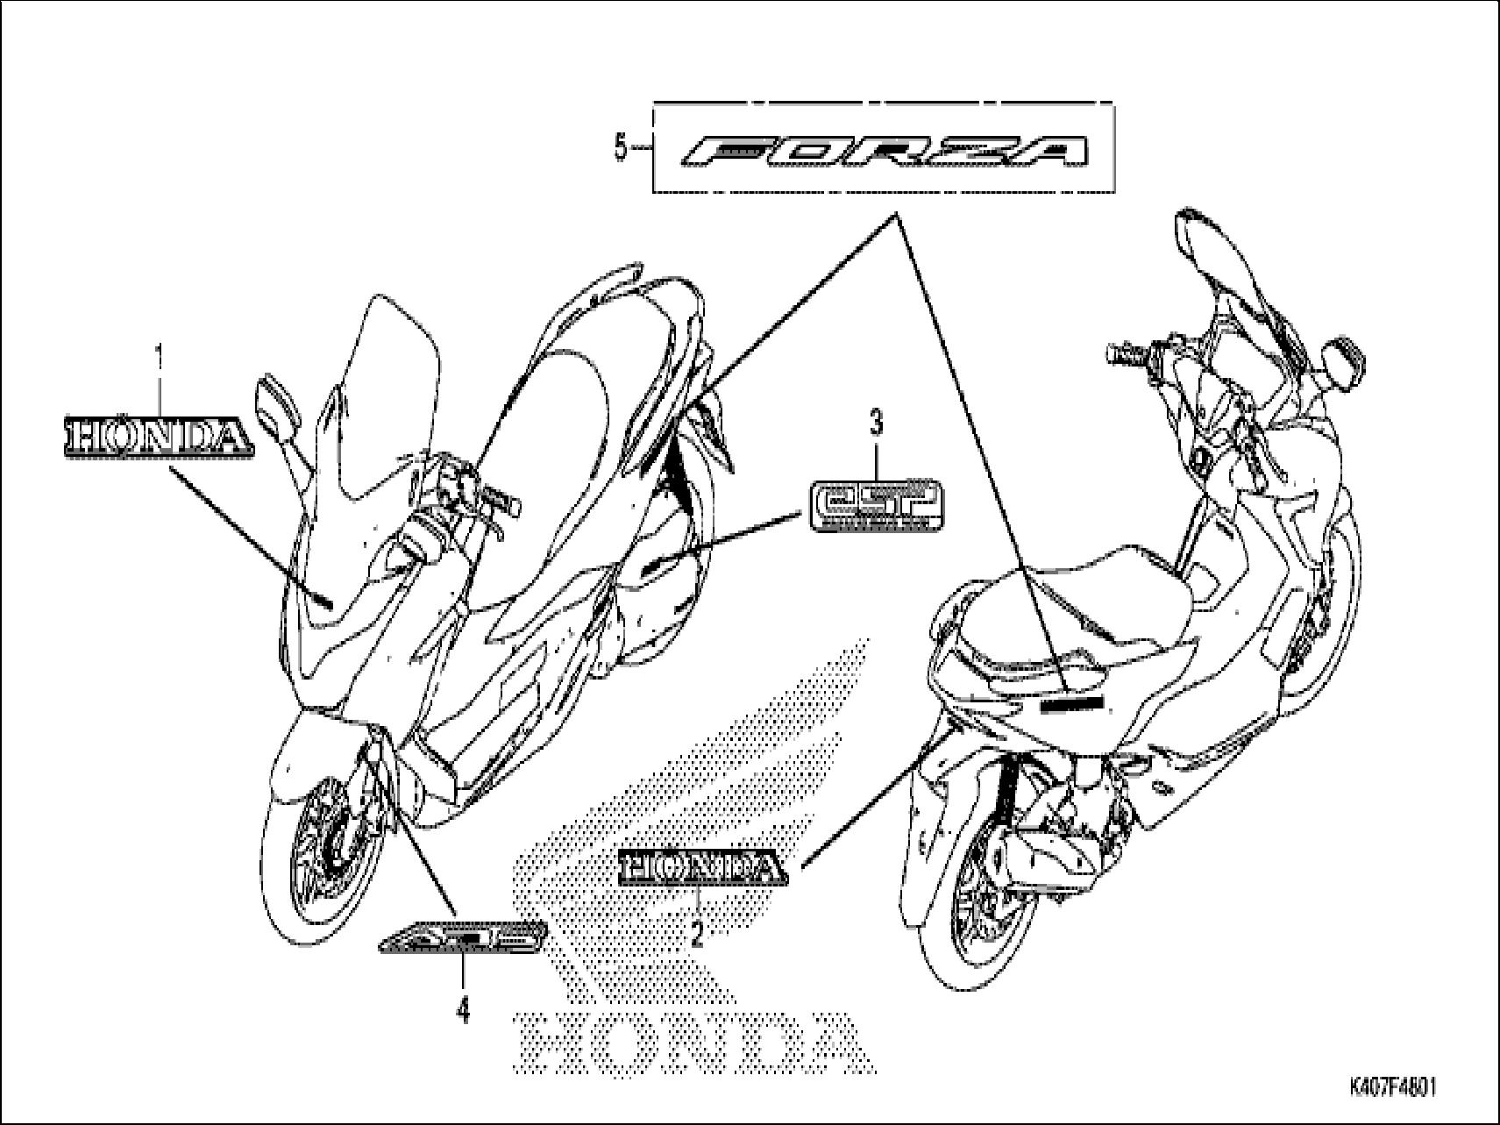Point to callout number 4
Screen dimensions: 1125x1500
[x=462, y=1011]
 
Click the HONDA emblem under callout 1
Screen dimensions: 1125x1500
[x=158, y=437]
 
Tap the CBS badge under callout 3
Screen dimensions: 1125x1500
[x=875, y=504]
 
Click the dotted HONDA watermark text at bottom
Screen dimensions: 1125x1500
[x=693, y=1043]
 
